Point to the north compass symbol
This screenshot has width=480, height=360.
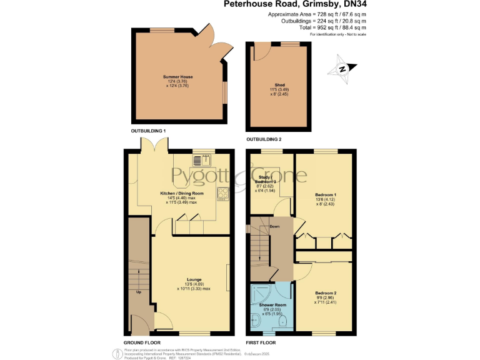tap(342, 69)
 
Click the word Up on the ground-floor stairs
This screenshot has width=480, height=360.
tap(138, 292)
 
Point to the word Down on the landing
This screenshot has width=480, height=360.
tap(274, 226)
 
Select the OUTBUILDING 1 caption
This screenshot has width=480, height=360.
tap(148, 131)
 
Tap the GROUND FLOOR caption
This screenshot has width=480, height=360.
tap(142, 343)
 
